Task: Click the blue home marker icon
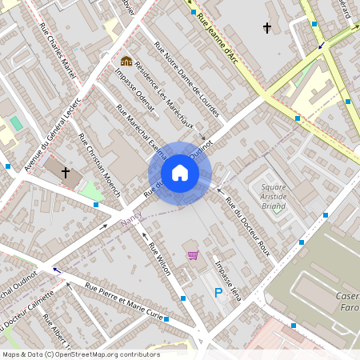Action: (x=180, y=173)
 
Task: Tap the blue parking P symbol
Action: (x=218, y=294)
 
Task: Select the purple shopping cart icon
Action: (x=193, y=255)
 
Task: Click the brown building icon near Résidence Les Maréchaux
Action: (x=126, y=61)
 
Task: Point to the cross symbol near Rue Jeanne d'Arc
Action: (x=267, y=29)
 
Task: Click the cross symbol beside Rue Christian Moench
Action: (x=66, y=171)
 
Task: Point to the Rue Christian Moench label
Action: (x=97, y=159)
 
